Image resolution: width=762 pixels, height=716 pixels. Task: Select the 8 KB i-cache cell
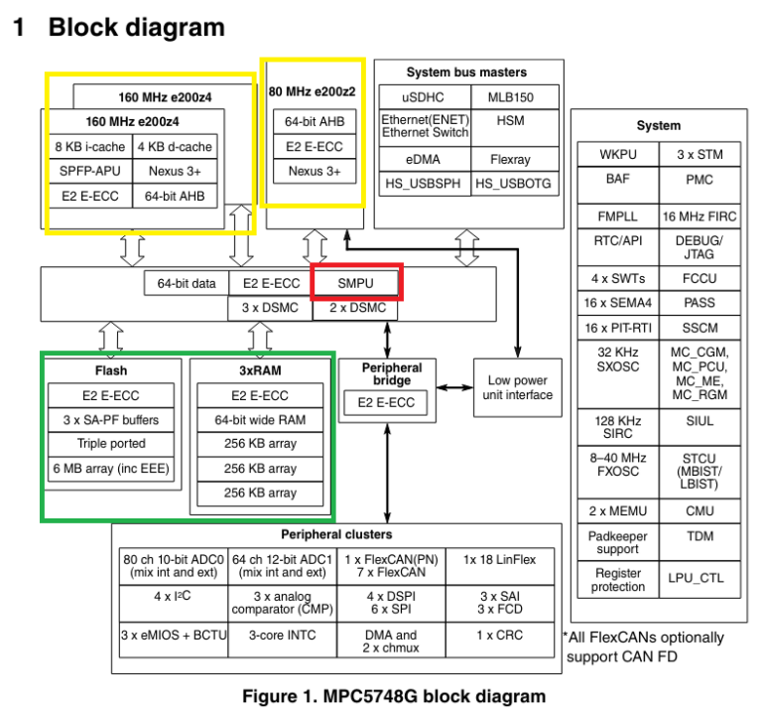click(x=89, y=147)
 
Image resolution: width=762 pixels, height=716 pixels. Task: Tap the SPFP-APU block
click(x=89, y=171)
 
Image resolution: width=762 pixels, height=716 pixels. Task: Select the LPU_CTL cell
click(x=699, y=579)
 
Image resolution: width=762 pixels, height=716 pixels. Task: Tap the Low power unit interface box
click(x=517, y=387)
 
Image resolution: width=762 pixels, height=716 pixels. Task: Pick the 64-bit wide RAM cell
click(x=259, y=420)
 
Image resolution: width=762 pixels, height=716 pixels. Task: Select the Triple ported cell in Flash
click(x=112, y=444)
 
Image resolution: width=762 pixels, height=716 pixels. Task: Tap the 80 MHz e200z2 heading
click(x=312, y=91)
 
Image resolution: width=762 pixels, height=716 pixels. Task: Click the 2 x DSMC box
click(x=355, y=309)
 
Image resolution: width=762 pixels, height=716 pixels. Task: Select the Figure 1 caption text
click(x=393, y=696)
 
